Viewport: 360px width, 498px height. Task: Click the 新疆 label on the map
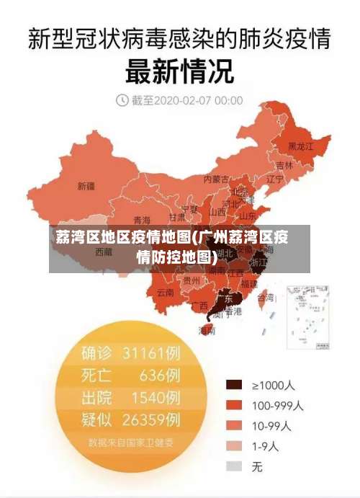[x=86, y=186]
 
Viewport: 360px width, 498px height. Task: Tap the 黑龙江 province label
[x=300, y=146]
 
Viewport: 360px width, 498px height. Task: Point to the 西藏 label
[x=103, y=253]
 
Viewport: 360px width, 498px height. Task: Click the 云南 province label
[x=165, y=293]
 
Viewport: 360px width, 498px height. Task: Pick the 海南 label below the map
[x=207, y=331]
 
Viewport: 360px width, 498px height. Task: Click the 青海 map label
[x=142, y=220]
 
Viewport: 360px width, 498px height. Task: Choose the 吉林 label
[x=284, y=165]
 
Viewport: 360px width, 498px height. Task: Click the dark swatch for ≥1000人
[x=234, y=386]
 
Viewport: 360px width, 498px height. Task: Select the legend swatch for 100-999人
[x=234, y=406]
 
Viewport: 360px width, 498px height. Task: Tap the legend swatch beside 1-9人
[x=234, y=446]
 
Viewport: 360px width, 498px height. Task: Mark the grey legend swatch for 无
[x=234, y=466]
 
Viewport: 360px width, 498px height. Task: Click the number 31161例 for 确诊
[x=151, y=353]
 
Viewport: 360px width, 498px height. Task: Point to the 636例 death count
[x=160, y=375]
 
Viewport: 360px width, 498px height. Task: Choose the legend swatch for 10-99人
[x=234, y=426]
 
